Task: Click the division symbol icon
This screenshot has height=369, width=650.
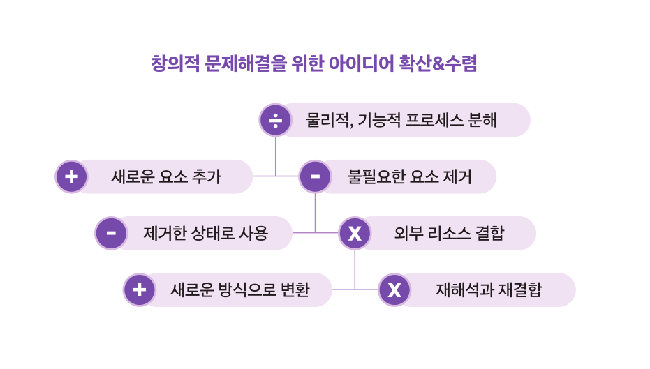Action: (x=275, y=120)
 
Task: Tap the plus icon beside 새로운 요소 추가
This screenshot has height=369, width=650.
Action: (x=71, y=176)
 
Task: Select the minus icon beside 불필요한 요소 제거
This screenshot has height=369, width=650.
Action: (x=315, y=176)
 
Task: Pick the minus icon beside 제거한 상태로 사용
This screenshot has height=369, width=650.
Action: (x=111, y=233)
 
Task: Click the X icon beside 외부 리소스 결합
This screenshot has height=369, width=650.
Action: (x=355, y=233)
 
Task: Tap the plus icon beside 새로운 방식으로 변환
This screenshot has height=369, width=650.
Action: (x=139, y=289)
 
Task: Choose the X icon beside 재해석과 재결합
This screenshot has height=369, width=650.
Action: (x=394, y=289)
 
